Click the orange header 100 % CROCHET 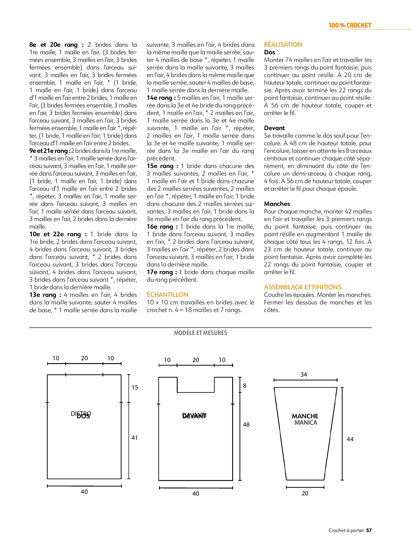(x=350, y=26)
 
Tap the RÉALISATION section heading (x=283, y=45)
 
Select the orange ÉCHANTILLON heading (x=167, y=295)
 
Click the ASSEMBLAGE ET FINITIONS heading (x=302, y=287)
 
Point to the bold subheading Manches (x=277, y=204)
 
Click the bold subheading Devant (x=274, y=128)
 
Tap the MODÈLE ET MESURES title (x=200, y=333)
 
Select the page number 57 (x=369, y=537)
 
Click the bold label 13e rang (x=45, y=295)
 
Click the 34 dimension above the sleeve (x=304, y=375)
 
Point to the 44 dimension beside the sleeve (x=350, y=439)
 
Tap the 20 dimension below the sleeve (x=305, y=493)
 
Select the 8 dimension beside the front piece (x=245, y=386)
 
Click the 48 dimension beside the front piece (x=246, y=425)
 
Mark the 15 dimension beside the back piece (x=135, y=388)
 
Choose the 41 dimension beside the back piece (x=135, y=438)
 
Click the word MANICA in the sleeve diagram (x=306, y=423)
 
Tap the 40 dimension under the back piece (x=84, y=492)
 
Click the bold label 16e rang (x=162, y=227)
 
